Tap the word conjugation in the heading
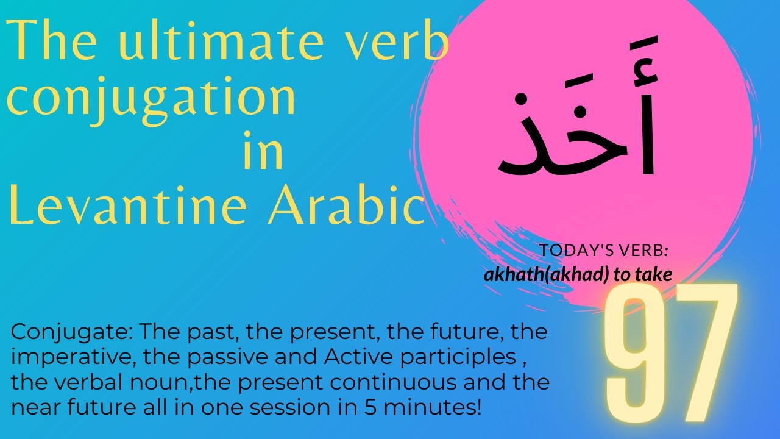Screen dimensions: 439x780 tap(151, 99)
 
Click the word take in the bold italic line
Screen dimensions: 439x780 tap(655, 275)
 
